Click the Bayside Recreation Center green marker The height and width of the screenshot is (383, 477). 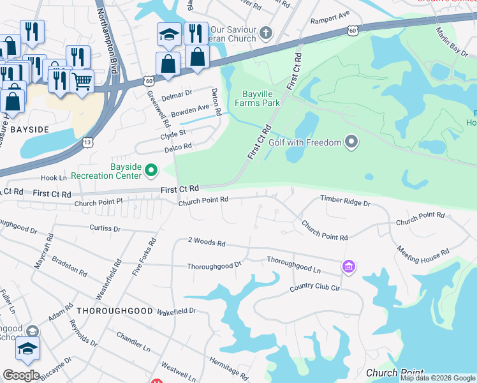pyautogui.click(x=151, y=170)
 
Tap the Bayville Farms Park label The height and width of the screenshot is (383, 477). pyautogui.click(x=258, y=98)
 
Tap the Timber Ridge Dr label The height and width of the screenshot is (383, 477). pyautogui.click(x=345, y=202)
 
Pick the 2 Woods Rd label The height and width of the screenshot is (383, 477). pyautogui.click(x=207, y=243)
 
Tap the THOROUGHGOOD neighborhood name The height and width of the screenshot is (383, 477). pyautogui.click(x=115, y=311)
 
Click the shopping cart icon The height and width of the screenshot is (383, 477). pyautogui.click(x=82, y=80)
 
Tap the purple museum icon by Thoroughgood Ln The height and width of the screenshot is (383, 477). pyautogui.click(x=348, y=266)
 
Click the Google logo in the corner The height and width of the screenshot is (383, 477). pyautogui.click(x=21, y=375)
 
